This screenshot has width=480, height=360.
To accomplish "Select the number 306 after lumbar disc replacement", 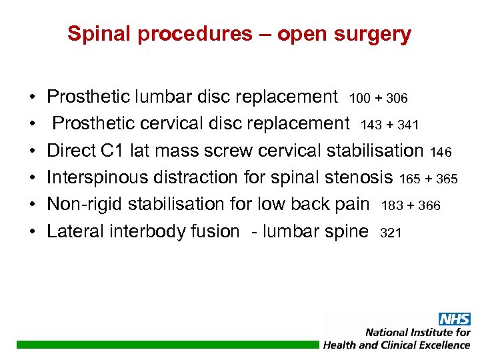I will click(x=395, y=98).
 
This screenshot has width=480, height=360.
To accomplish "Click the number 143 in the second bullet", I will click(x=372, y=125).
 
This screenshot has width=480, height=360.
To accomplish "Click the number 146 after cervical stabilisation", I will click(x=441, y=152).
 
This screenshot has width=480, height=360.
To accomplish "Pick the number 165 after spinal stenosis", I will click(x=411, y=179).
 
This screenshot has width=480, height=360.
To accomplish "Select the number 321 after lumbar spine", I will click(x=391, y=233).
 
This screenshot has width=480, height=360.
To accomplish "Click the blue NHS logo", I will click(x=454, y=319).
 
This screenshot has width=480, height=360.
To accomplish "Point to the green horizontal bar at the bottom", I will click(x=167, y=345).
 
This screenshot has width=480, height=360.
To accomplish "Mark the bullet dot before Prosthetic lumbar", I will click(x=32, y=97).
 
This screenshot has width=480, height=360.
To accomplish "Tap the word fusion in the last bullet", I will click(x=215, y=231).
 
